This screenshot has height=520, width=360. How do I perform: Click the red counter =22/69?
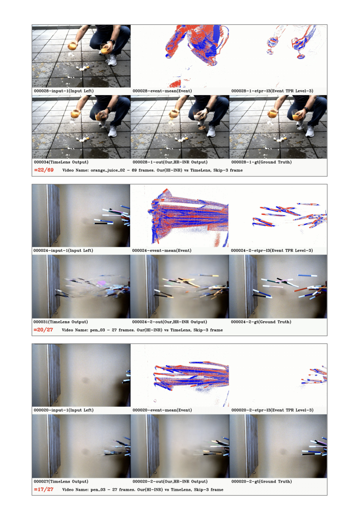[x=44, y=170]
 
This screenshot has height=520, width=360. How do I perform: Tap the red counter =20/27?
[x=43, y=330]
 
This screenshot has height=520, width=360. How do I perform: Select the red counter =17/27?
[x=44, y=489]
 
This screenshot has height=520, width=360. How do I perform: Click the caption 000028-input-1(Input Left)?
[x=64, y=91]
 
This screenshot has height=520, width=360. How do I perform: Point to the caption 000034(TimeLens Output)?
[x=61, y=162]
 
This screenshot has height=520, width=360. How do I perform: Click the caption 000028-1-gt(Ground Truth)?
[x=261, y=162]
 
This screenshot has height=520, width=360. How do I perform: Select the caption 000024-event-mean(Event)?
[x=162, y=251]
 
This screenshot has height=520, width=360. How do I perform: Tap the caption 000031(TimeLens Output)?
[x=61, y=322]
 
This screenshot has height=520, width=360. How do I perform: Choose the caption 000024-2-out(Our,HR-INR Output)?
[x=169, y=322]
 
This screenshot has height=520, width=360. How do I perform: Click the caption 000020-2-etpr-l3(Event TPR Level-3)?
[x=273, y=410]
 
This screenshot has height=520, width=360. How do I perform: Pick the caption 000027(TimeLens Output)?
[x=61, y=481]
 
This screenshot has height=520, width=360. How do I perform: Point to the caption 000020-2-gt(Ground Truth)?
[x=261, y=481]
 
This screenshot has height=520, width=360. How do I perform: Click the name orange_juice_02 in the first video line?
[x=108, y=170]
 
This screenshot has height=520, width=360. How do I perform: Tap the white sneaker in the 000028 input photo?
[x=112, y=60]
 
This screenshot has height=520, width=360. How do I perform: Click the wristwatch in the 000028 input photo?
[x=112, y=42]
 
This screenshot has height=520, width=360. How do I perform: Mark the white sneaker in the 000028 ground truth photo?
[x=310, y=131]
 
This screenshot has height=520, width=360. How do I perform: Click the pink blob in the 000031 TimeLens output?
[x=102, y=283]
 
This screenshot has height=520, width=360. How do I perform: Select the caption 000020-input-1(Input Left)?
[x=64, y=410]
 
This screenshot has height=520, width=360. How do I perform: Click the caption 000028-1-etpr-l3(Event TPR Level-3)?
[x=273, y=91]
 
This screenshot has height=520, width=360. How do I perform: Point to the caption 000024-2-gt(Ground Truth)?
[x=261, y=322]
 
